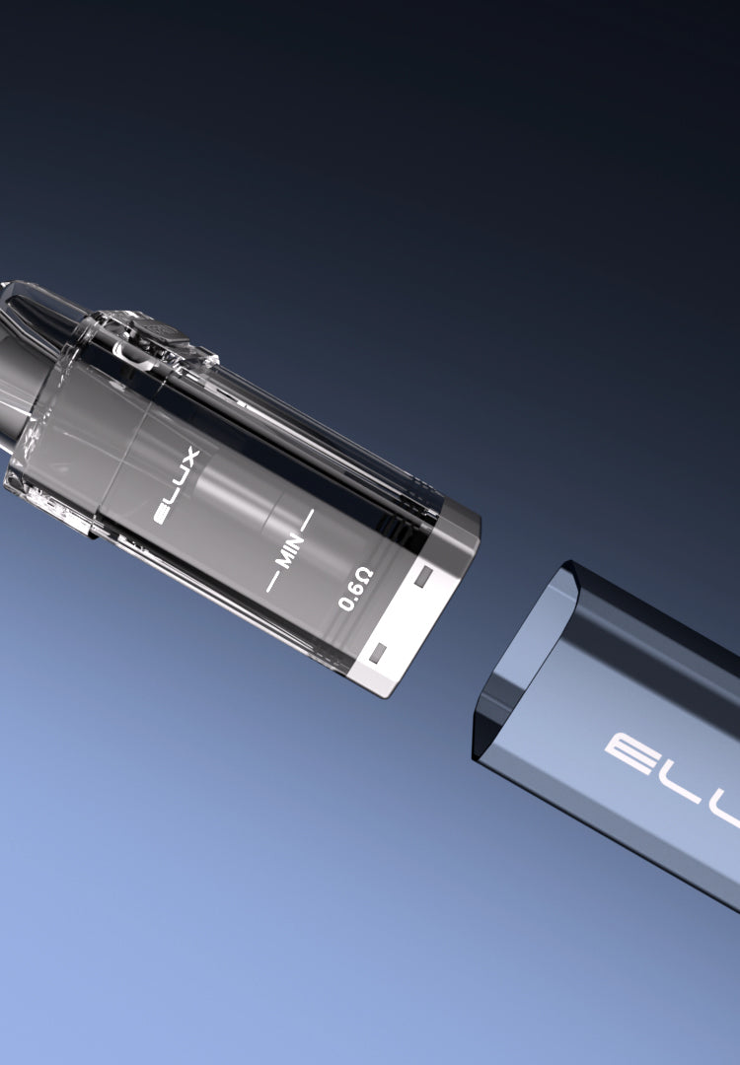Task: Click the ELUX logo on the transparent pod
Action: [x=177, y=485]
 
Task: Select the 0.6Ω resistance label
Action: [x=355, y=589]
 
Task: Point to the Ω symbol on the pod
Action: [x=364, y=577]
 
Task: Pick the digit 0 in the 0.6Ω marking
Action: [x=345, y=603]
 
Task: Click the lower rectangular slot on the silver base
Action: [x=378, y=653]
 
